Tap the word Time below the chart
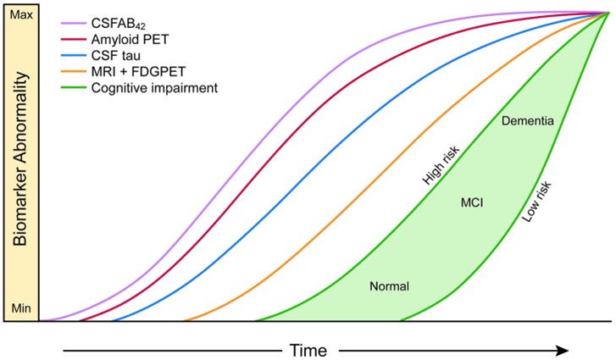[x=308, y=349]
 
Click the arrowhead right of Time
[x=561, y=349]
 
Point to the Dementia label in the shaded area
[x=527, y=122]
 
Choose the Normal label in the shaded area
[x=389, y=286]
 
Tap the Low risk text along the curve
[x=536, y=203]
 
